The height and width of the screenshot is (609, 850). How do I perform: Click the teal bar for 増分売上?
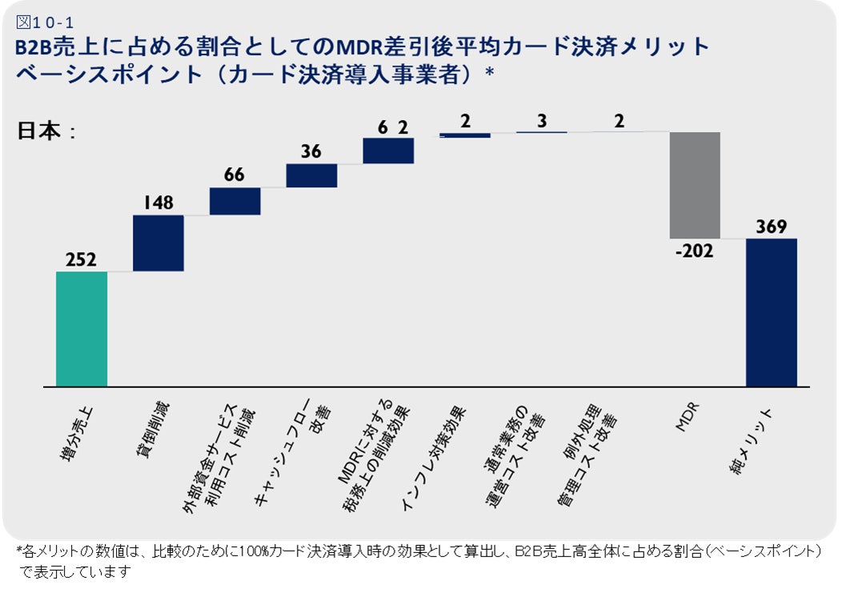(x=82, y=329)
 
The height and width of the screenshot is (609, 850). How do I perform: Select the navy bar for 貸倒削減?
(x=158, y=243)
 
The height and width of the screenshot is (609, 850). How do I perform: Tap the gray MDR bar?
(x=695, y=185)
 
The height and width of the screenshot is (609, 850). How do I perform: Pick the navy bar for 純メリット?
(x=772, y=313)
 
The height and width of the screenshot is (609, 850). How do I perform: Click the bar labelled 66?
(x=235, y=201)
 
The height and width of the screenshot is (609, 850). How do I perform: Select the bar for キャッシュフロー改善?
(x=311, y=175)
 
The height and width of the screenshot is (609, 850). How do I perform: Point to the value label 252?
(x=82, y=259)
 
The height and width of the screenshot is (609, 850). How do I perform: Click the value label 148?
(x=158, y=203)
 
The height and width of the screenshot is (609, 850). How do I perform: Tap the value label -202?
(x=694, y=250)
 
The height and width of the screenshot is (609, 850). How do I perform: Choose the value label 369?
(x=772, y=227)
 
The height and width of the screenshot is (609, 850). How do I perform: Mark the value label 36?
(x=311, y=151)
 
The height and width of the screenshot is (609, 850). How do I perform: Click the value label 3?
(x=542, y=121)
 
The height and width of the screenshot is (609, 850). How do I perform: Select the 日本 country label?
(x=41, y=130)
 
